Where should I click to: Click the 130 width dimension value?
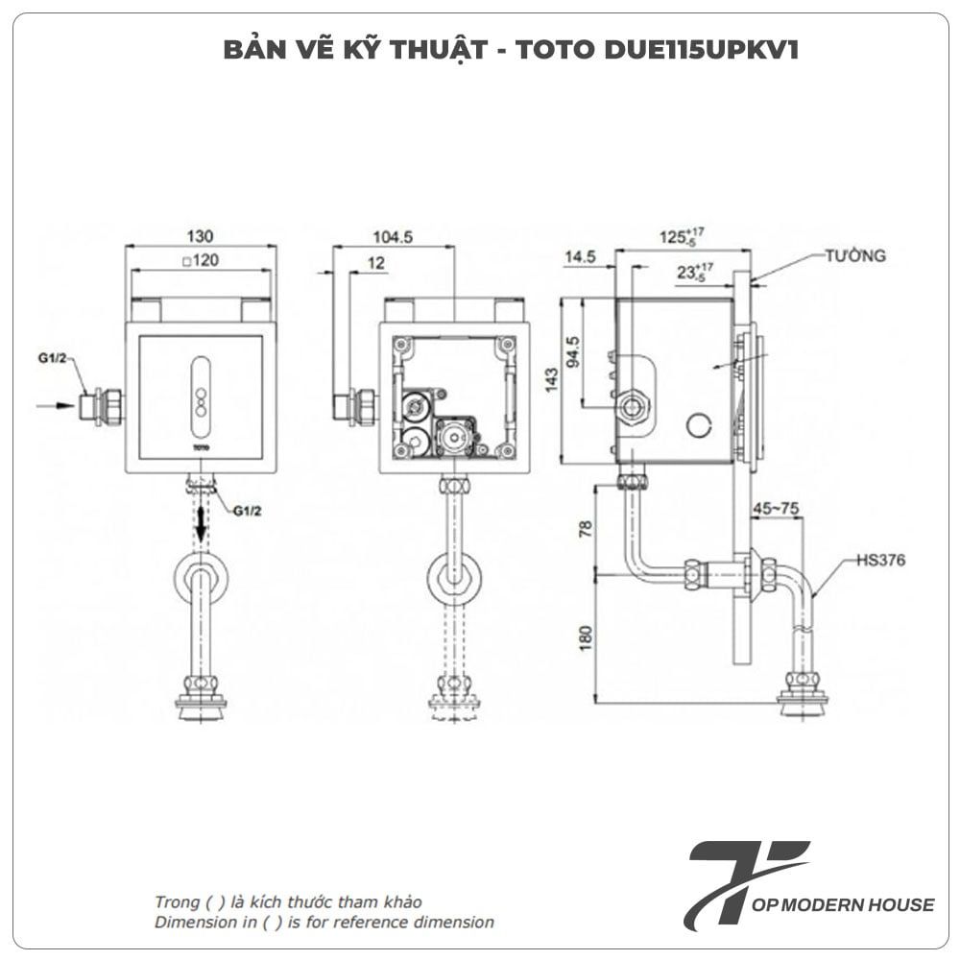click(201, 236)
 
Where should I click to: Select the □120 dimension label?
click(200, 260)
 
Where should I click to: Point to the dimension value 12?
click(374, 261)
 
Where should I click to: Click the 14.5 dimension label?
click(581, 256)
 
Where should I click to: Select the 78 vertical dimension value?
click(585, 527)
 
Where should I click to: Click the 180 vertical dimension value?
click(585, 635)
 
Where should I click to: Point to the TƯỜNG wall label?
click(853, 256)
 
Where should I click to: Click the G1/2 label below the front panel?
click(248, 512)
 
